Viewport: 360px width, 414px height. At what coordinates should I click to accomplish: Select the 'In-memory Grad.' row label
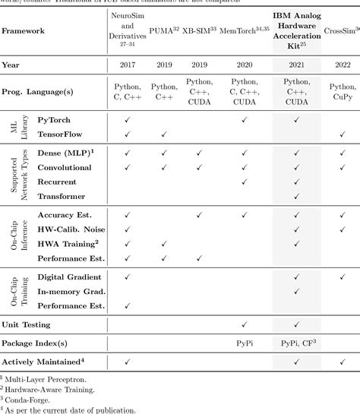coord(71,291)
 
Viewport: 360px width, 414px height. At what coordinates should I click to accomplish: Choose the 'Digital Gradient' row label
coord(71,277)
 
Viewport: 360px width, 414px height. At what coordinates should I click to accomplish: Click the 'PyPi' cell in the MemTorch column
coord(244,343)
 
